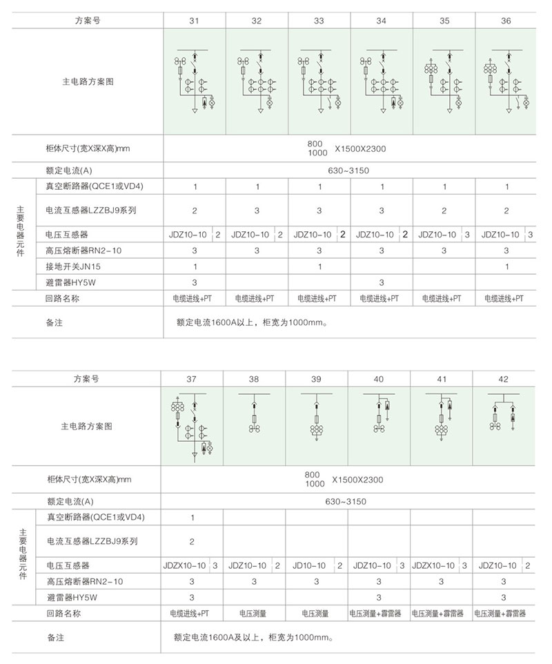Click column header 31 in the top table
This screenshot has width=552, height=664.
tap(195, 21)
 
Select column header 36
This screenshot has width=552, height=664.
tap(506, 21)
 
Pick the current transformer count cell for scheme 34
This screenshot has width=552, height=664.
tap(382, 210)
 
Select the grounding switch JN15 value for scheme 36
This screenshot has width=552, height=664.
tap(506, 266)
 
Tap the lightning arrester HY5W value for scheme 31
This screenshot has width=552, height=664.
tap(195, 282)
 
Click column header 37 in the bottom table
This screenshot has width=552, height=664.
tap(191, 379)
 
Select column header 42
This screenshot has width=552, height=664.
tap(504, 379)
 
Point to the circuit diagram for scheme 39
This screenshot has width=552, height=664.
tap(316, 417)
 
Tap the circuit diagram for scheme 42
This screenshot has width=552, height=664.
tap(504, 417)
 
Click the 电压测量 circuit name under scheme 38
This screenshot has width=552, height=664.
tap(253, 613)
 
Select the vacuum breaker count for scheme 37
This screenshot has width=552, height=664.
tap(191, 517)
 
